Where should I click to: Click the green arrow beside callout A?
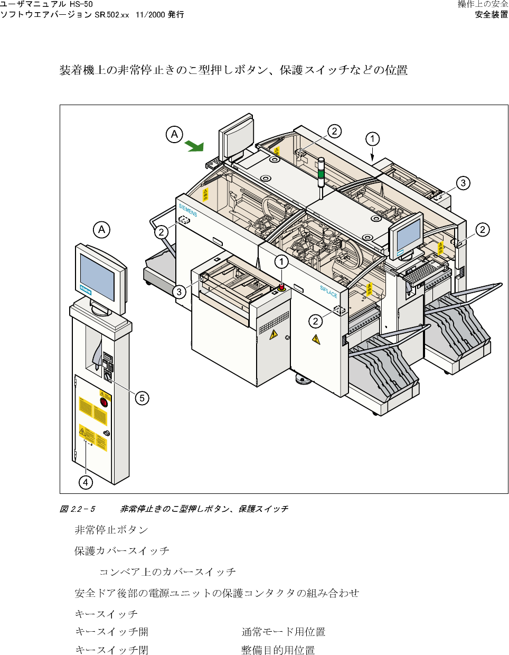(x=194, y=146)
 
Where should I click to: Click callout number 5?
(x=142, y=398)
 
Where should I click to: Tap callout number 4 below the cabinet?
(x=86, y=482)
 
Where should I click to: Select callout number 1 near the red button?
(x=281, y=261)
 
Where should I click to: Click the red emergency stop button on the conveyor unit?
(x=281, y=287)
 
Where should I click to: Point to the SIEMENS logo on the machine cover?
(x=188, y=210)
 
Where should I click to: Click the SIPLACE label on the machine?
(x=328, y=292)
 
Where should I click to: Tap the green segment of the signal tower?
(x=321, y=173)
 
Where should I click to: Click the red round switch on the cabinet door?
(x=104, y=403)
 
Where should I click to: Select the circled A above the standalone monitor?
(x=102, y=230)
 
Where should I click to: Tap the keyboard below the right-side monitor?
(x=420, y=271)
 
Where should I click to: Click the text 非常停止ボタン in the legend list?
(x=111, y=530)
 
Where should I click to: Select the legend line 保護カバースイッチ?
(x=122, y=551)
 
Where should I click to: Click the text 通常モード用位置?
(x=283, y=632)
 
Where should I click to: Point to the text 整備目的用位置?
(x=278, y=650)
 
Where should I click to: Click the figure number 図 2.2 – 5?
(x=77, y=509)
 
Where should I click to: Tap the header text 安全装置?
(x=491, y=15)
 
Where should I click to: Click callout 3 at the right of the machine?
(x=463, y=183)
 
